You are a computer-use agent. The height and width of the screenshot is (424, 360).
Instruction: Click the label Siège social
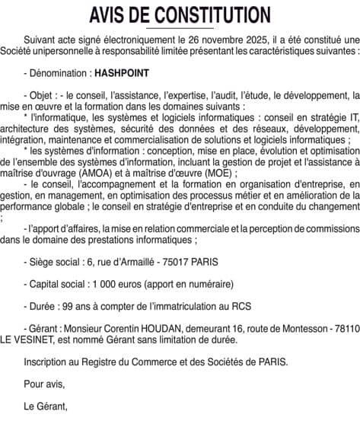[x=51, y=261]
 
